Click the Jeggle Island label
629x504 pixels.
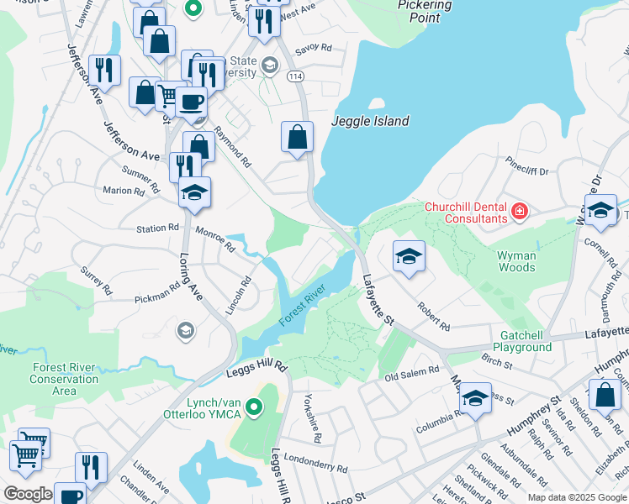coord(370,121)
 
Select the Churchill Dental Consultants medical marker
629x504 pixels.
coord(519,211)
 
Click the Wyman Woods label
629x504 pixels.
coord(516,261)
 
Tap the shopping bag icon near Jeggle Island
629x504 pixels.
coord(298,137)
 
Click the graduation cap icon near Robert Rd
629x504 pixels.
coord(409,255)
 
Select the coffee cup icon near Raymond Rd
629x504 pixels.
coord(191,102)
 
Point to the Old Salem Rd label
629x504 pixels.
coord(412,370)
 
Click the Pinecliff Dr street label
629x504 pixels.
coord(526,171)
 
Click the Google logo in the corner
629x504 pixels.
coord(28,494)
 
